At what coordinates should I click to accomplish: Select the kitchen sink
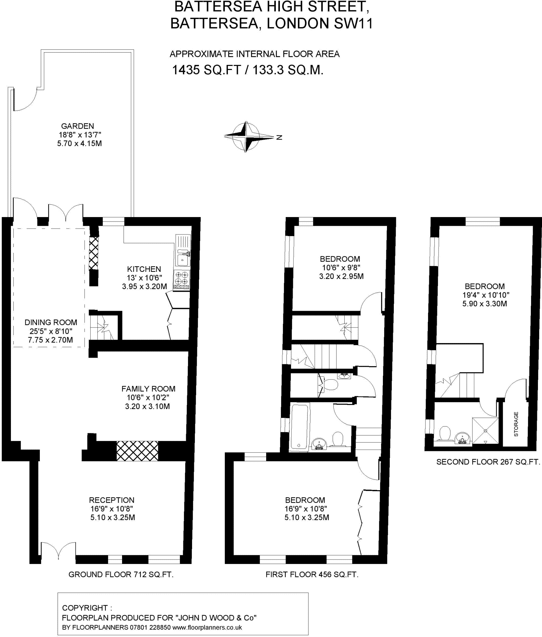coord(182,259)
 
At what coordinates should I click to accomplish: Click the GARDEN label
coord(78,126)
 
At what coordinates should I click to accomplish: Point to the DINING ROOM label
coord(51,322)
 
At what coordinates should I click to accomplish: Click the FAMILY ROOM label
coord(148,388)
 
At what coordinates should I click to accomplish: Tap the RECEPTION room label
coord(112,500)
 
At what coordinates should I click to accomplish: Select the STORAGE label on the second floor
coord(516,424)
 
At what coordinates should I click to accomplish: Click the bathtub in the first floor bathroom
coord(299,426)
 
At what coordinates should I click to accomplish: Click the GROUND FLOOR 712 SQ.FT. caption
coord(121,574)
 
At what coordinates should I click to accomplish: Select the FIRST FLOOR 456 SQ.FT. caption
coord(312,574)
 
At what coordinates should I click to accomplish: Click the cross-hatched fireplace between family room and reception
coord(137,451)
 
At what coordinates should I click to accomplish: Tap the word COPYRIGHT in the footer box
coord(85,608)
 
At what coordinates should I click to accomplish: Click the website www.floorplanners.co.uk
coord(207,627)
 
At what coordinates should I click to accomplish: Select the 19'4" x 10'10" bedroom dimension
coord(486,295)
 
